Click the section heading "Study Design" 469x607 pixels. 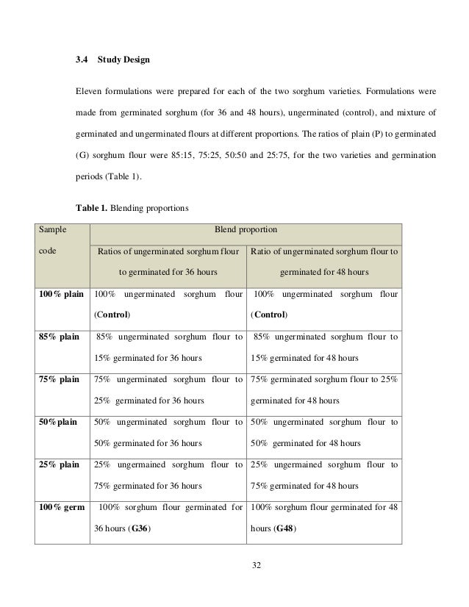click(x=124, y=59)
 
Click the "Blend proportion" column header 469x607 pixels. click(x=245, y=230)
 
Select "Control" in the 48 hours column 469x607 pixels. click(x=270, y=315)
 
